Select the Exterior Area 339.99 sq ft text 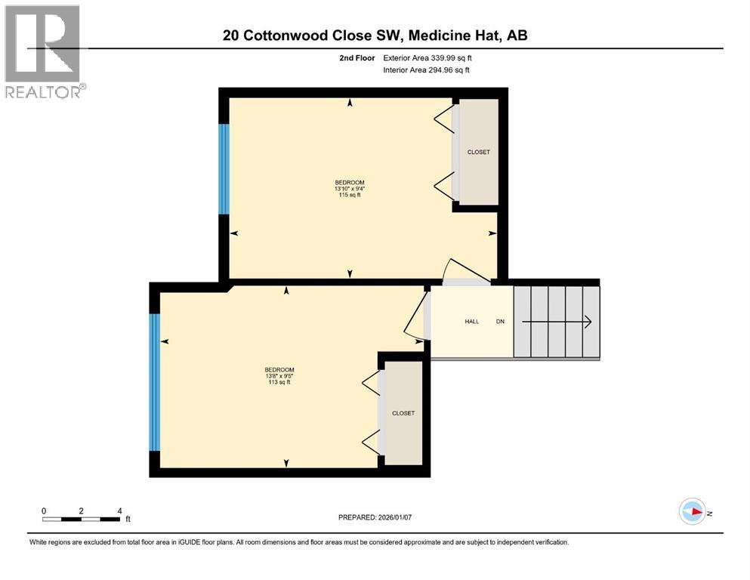pos(427,58)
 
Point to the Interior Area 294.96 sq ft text pos(426,69)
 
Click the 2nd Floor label pos(356,58)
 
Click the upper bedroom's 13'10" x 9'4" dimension pos(350,189)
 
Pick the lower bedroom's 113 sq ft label pos(279,382)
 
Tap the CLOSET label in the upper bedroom pos(479,152)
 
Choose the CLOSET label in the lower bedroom pos(403,413)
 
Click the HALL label pos(471,321)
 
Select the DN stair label pos(500,321)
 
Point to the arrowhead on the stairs pos(588,322)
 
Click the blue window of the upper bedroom pos(224,168)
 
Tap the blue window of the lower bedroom pos(155,382)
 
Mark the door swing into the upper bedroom pos(465,270)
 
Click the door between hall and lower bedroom pos(415,315)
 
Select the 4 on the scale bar pos(119,511)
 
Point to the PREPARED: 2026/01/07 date pos(375,517)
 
